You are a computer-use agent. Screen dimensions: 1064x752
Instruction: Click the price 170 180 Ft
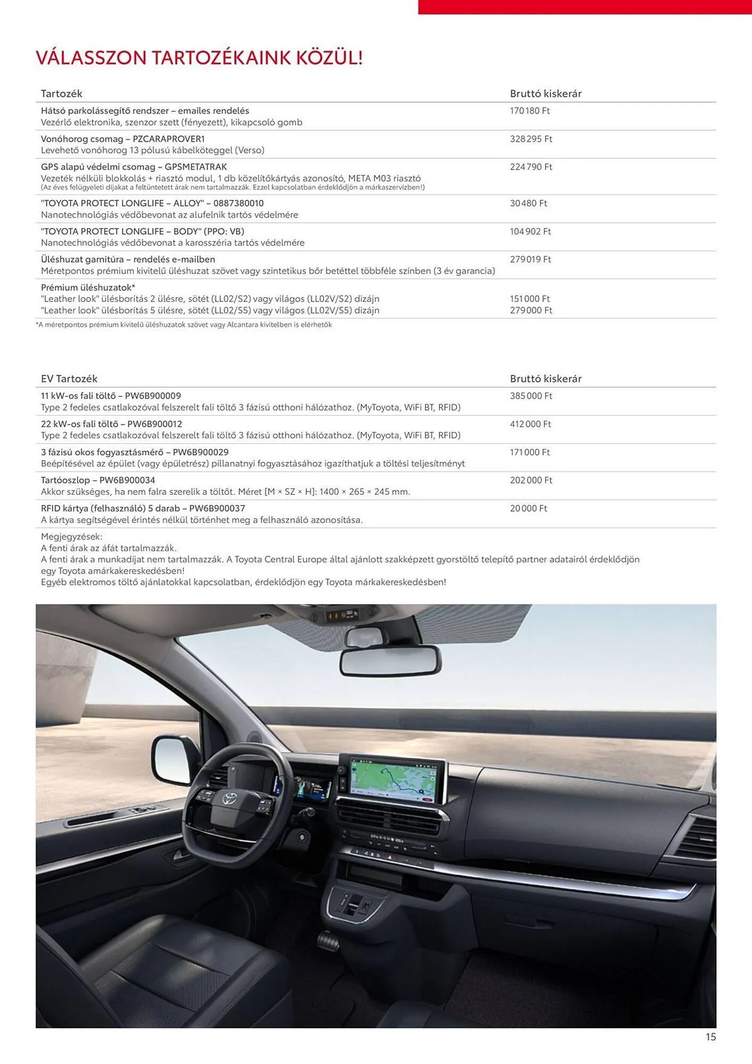[529, 111]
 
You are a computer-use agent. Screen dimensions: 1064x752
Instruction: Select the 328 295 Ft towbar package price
[531, 139]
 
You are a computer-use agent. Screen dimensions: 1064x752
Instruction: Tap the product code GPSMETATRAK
[196, 167]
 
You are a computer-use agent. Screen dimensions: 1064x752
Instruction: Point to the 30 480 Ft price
[528, 203]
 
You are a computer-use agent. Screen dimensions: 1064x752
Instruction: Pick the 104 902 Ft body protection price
[530, 231]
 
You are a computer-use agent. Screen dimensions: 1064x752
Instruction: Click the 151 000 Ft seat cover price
[529, 299]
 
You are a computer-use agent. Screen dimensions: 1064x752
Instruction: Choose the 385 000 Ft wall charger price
[531, 396]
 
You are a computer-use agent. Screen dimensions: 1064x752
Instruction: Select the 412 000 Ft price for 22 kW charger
[530, 424]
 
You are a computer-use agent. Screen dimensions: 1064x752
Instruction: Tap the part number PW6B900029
[200, 452]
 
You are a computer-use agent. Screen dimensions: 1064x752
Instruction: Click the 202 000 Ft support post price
[531, 480]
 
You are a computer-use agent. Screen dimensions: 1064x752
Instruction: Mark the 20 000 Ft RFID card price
[528, 508]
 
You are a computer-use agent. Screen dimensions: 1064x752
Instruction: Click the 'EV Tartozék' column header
[69, 379]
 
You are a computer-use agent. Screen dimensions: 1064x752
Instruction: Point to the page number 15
[711, 1037]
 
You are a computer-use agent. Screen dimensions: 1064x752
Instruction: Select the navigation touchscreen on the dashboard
[392, 779]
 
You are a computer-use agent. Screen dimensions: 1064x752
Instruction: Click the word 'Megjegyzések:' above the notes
[72, 536]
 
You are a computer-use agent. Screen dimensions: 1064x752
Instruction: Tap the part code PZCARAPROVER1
[169, 139]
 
